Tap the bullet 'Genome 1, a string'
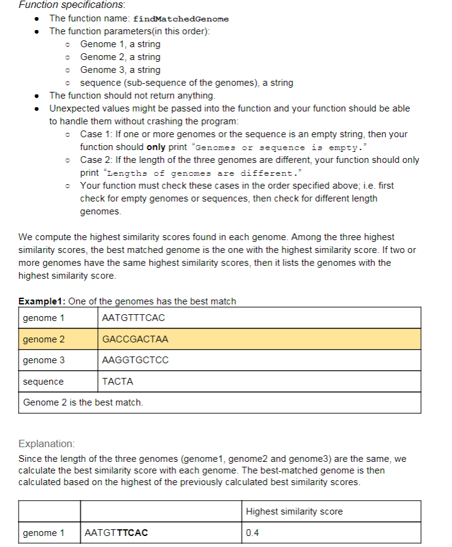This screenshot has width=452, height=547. point(120,44)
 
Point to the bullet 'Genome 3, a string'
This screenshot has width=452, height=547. point(120,70)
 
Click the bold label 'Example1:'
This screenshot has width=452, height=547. point(42,301)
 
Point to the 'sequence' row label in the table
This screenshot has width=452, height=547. point(43,382)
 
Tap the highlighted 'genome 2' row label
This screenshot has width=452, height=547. point(44,339)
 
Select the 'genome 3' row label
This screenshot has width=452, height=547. point(44,360)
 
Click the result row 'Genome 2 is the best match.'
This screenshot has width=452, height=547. point(83,402)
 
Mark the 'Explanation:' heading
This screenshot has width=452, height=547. point(47,443)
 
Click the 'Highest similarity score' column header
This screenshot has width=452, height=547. point(294,511)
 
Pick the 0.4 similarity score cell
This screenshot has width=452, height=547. point(252,533)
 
